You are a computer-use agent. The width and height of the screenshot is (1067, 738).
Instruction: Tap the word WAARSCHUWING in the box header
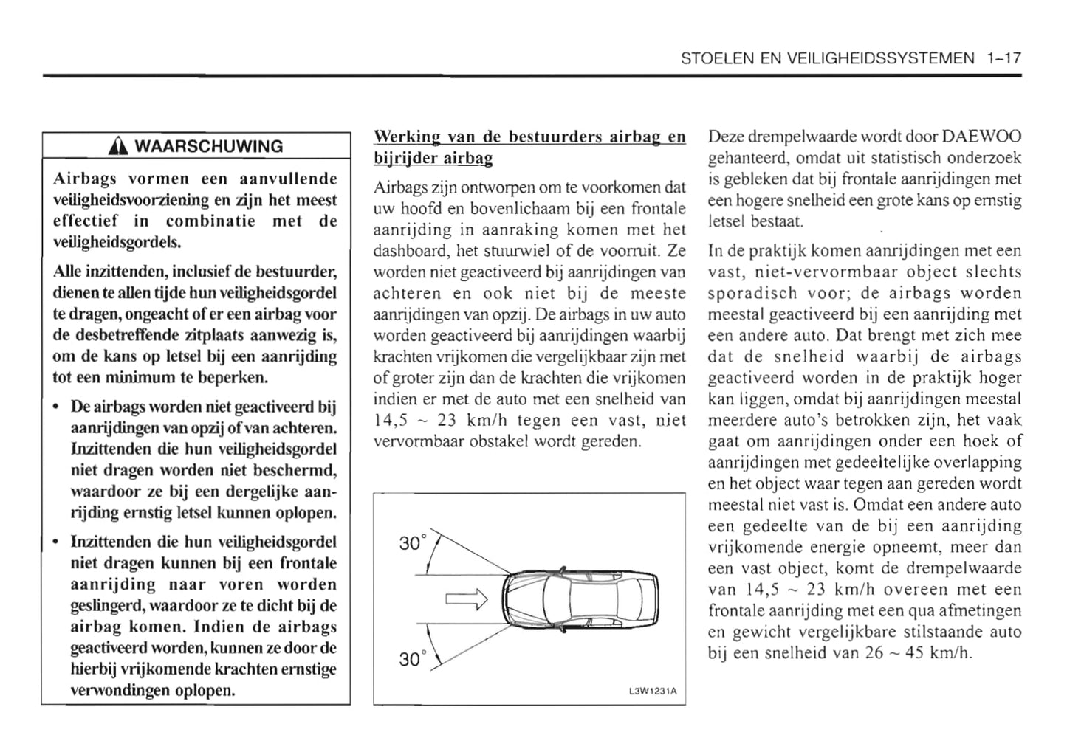tap(208, 146)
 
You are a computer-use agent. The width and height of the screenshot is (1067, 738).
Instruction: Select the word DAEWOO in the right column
tap(982, 137)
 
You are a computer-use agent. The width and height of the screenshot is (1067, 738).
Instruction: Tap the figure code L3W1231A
tap(652, 692)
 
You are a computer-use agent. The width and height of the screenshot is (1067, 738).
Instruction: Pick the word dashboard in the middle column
tap(411, 251)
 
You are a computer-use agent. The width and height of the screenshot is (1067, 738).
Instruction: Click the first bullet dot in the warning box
tap(58, 408)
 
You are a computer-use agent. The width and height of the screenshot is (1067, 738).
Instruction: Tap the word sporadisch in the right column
tap(750, 293)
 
